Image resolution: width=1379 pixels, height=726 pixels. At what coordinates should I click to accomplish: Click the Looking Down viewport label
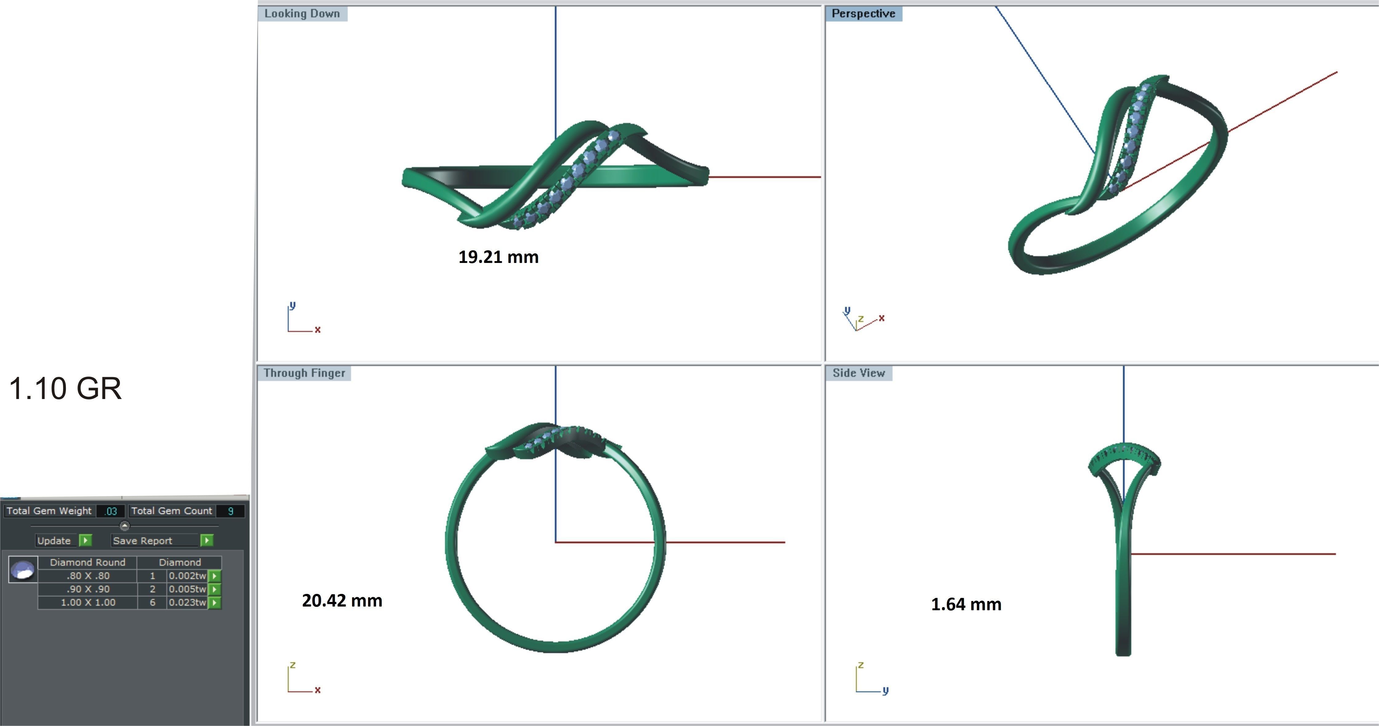point(302,13)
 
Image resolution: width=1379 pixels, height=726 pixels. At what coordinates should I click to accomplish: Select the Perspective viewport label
point(863,13)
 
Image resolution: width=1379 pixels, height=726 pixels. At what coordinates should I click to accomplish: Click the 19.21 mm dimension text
point(498,257)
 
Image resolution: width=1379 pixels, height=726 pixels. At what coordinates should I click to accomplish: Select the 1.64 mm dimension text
point(966,604)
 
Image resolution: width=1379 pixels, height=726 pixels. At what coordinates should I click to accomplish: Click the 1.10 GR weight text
point(65,388)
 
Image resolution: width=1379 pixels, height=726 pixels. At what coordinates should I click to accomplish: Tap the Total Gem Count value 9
point(231,511)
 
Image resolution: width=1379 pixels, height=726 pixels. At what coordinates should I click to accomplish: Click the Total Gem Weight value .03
point(111,511)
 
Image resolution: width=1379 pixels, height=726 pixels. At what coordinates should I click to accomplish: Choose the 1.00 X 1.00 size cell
point(88,602)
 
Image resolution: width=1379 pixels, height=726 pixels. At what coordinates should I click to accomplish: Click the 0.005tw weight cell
point(187,589)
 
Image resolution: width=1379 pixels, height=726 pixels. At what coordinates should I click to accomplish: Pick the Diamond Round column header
point(88,562)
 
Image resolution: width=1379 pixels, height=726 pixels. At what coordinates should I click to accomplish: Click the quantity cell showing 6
point(153,602)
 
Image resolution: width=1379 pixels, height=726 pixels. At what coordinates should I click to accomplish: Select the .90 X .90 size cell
point(88,589)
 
